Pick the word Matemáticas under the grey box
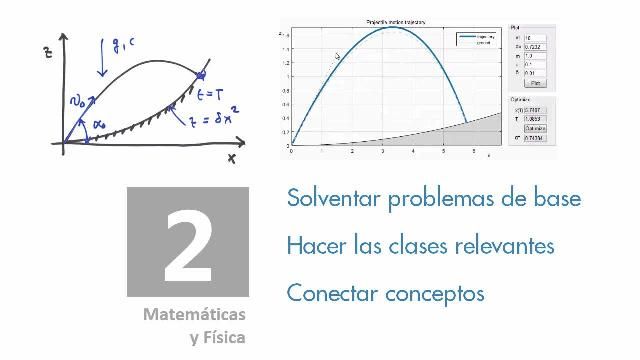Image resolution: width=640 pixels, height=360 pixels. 194,314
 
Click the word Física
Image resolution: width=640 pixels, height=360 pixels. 223,337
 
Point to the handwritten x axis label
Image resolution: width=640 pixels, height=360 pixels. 231,158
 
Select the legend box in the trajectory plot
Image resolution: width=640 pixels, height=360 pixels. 478,40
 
